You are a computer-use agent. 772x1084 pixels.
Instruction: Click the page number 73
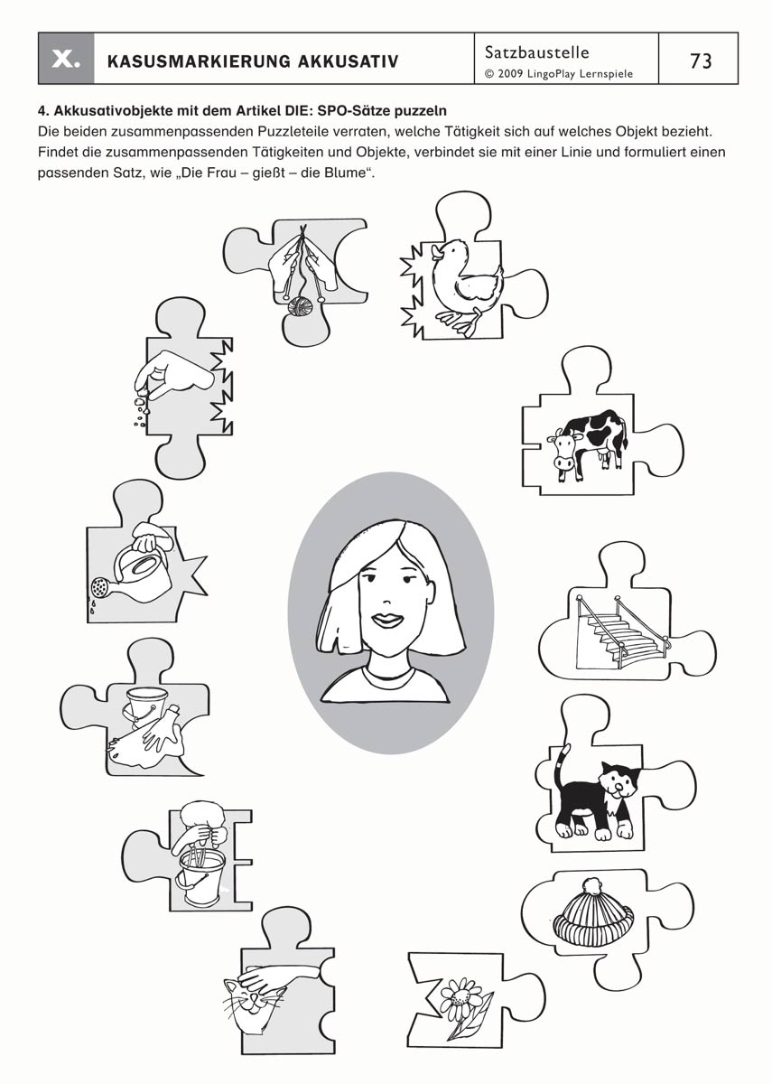click(701, 61)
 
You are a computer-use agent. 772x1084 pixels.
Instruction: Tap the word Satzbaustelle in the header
click(537, 51)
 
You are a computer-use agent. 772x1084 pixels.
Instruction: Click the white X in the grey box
click(66, 59)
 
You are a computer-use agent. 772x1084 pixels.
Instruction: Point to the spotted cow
click(588, 444)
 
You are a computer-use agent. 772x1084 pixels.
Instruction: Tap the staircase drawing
click(621, 631)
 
